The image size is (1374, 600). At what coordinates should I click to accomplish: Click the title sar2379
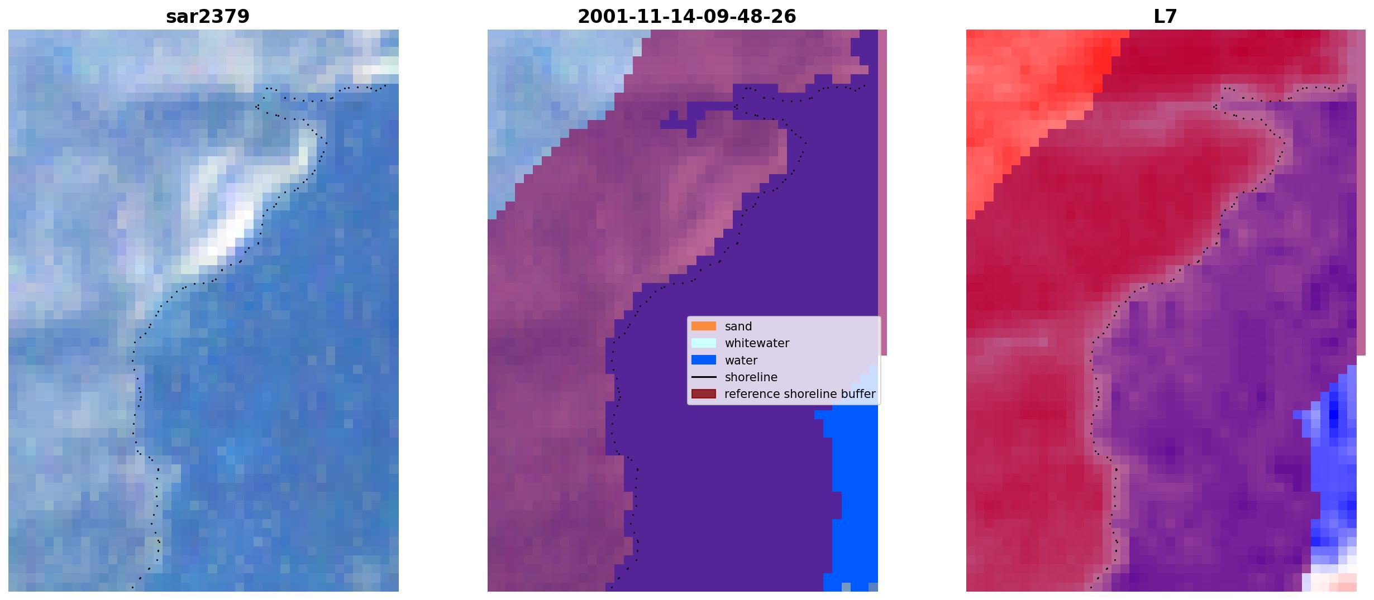click(x=207, y=17)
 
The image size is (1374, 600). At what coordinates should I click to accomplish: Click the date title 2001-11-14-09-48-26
click(x=686, y=17)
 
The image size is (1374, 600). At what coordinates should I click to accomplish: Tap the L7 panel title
click(x=1165, y=17)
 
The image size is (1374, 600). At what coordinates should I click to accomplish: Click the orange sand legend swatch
click(x=703, y=326)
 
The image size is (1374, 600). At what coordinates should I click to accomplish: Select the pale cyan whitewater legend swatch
click(x=703, y=343)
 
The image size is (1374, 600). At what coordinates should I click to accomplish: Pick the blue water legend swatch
click(x=703, y=360)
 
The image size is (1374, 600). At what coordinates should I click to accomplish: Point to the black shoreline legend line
click(x=703, y=377)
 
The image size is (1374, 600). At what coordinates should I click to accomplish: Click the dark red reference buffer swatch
click(x=703, y=394)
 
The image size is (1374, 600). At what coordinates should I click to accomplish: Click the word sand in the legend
click(x=738, y=327)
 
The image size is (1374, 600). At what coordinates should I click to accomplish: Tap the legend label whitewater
click(x=757, y=343)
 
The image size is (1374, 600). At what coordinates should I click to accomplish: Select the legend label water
click(x=741, y=361)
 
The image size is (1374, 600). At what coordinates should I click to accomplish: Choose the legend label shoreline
click(x=751, y=377)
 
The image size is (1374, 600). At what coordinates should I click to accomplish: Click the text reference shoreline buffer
click(x=800, y=394)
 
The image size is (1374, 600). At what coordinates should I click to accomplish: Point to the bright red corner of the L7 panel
click(x=1028, y=95)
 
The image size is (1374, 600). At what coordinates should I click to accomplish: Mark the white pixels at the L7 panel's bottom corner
click(x=1332, y=580)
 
